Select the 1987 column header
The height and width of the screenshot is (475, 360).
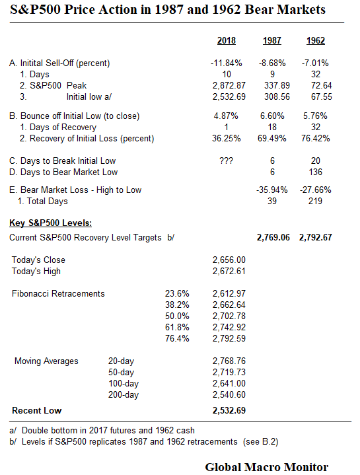coord(271,41)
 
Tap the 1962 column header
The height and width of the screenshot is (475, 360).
coord(315,41)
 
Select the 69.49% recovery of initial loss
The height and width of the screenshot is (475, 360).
coord(271,139)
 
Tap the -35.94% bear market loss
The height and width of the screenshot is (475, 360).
coord(271,190)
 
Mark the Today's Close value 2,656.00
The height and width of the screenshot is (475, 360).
coord(229,260)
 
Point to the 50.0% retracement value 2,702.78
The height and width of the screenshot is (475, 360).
coord(229,316)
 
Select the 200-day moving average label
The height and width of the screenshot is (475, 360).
coord(123,394)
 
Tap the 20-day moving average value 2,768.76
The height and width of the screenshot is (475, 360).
coord(229,361)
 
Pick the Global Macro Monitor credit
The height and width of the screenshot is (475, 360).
coord(266,467)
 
